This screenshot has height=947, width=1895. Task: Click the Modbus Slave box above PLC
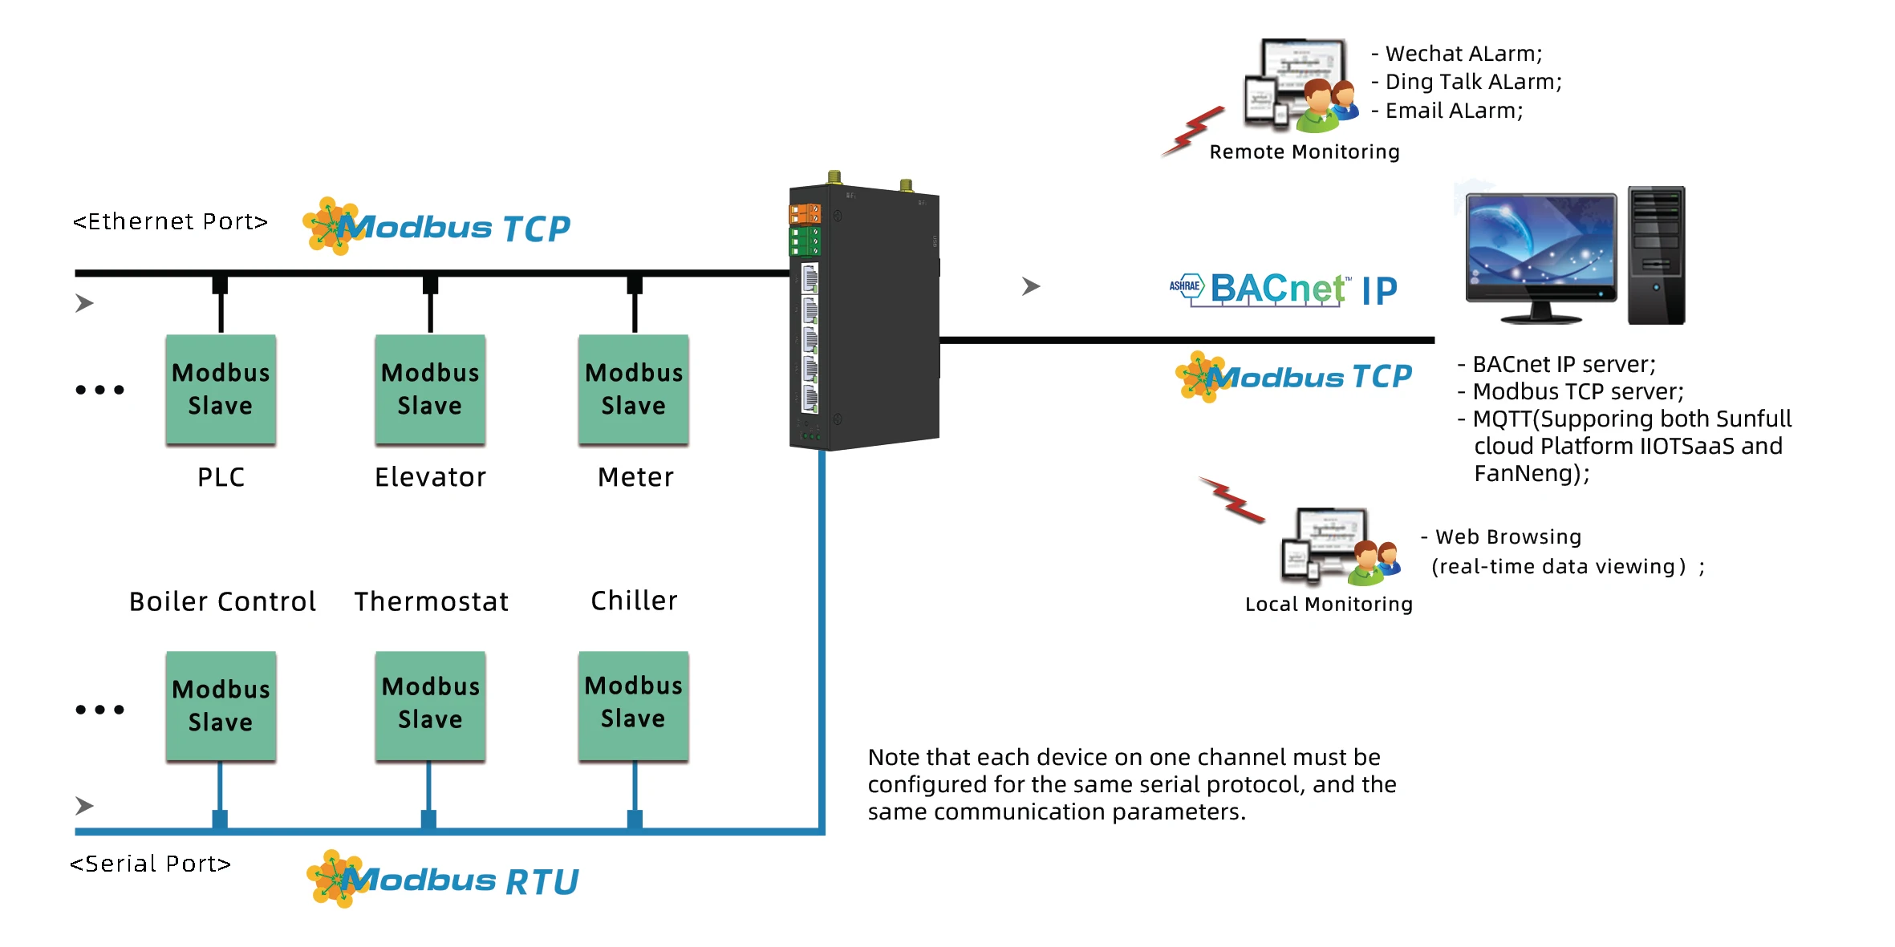tap(221, 389)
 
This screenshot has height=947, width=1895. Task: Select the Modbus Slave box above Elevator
tap(430, 389)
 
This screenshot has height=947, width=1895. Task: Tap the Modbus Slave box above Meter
tap(634, 389)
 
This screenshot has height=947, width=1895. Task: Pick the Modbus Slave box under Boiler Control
tap(221, 706)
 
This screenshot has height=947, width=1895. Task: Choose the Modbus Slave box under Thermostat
tap(430, 706)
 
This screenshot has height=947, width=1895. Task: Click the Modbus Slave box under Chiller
tap(634, 706)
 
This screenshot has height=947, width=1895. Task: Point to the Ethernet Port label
tap(170, 221)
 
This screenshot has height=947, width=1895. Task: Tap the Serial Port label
tap(151, 864)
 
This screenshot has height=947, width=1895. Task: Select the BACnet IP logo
tap(1284, 289)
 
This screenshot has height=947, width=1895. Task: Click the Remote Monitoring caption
tap(1305, 152)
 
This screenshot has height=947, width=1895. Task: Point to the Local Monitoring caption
tap(1329, 604)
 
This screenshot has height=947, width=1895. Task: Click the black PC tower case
tap(1656, 255)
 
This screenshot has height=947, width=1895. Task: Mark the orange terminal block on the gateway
tap(805, 214)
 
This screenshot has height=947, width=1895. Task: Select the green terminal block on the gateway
tap(805, 241)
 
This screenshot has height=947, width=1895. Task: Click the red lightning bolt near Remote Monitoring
tap(1194, 131)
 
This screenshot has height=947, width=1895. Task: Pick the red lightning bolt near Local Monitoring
tap(1232, 499)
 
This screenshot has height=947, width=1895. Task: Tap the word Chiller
tap(634, 601)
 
